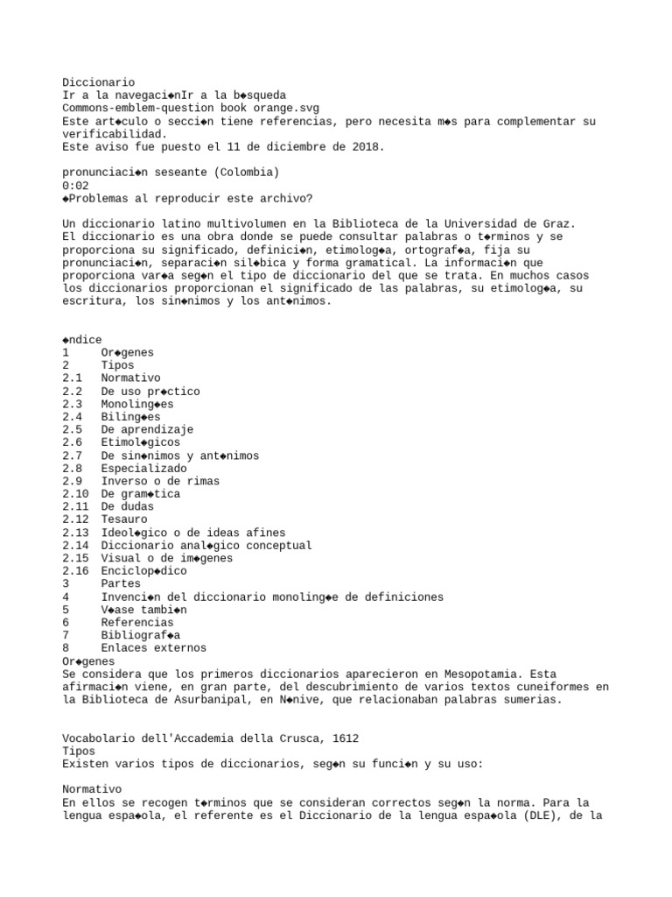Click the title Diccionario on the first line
coord(98,81)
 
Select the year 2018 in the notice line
coord(366,146)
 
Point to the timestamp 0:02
coord(75,186)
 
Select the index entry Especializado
coord(143,469)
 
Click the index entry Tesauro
coord(124,519)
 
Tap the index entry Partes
coord(121,583)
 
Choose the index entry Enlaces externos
coord(153,648)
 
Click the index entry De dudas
coord(127,507)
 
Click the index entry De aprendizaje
coord(146,430)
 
